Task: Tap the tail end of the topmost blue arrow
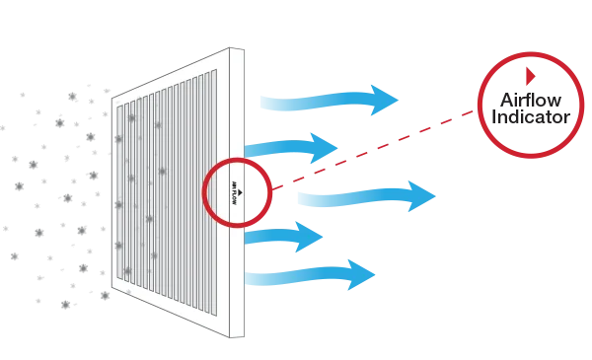(259, 103)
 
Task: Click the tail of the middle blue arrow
(299, 198)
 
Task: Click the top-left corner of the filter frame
(113, 99)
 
